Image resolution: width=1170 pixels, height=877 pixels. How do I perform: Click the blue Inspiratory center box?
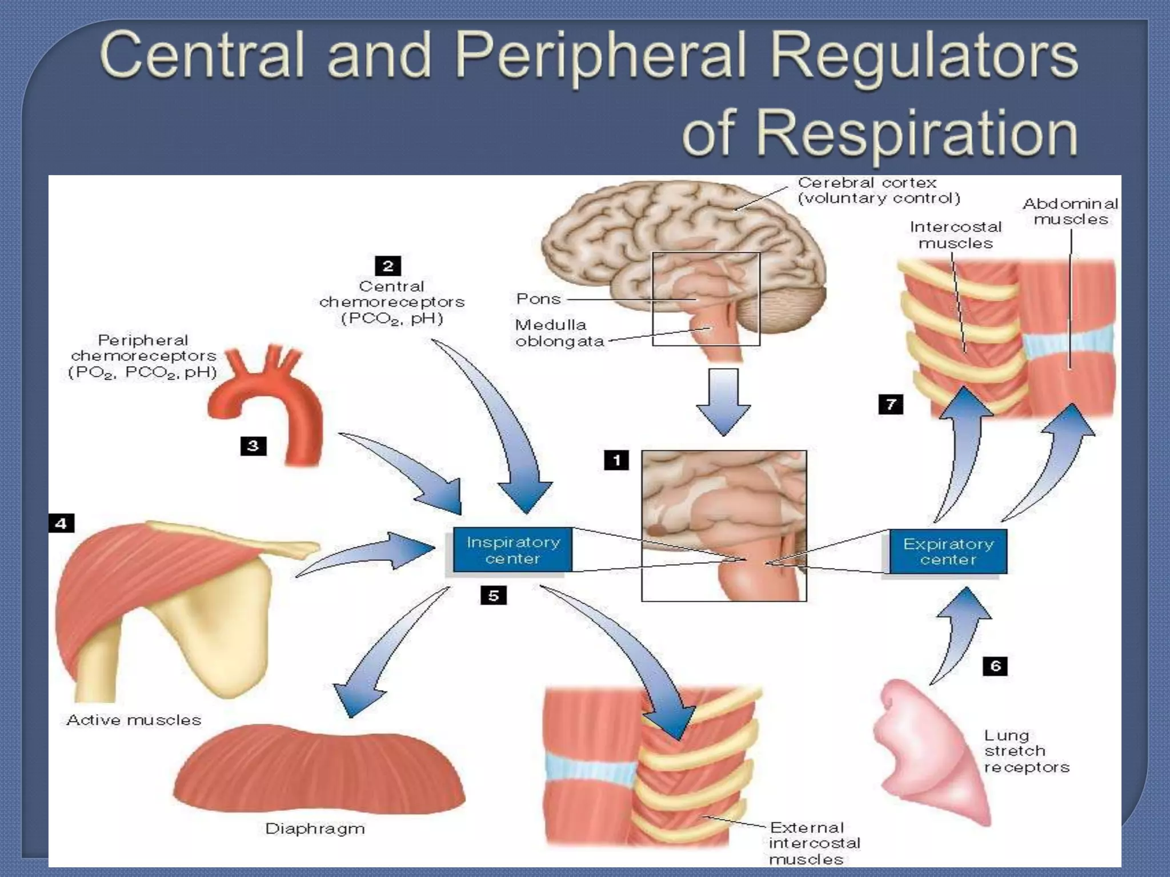click(512, 550)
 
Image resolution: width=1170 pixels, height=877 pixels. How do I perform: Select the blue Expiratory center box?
click(948, 552)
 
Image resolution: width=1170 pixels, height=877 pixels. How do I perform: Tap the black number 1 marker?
click(616, 460)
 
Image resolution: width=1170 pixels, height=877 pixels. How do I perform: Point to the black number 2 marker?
click(388, 265)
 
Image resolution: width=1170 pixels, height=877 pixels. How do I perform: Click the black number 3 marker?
click(253, 446)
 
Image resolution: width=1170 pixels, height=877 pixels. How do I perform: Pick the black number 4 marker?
click(61, 523)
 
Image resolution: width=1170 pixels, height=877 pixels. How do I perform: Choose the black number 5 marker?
click(493, 596)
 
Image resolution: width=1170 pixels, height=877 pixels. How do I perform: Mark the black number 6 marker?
click(995, 666)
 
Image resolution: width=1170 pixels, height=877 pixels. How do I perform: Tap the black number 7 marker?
click(891, 405)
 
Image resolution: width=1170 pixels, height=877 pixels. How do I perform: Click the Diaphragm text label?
click(315, 828)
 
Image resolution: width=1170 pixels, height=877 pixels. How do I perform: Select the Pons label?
click(538, 299)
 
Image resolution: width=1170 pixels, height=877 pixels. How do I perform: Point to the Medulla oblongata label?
click(559, 333)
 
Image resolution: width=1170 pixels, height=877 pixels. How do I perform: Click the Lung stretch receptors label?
click(1026, 751)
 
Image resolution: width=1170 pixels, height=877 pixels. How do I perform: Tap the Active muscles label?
click(134, 720)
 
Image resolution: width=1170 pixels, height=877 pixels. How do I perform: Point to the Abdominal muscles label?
click(1070, 211)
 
